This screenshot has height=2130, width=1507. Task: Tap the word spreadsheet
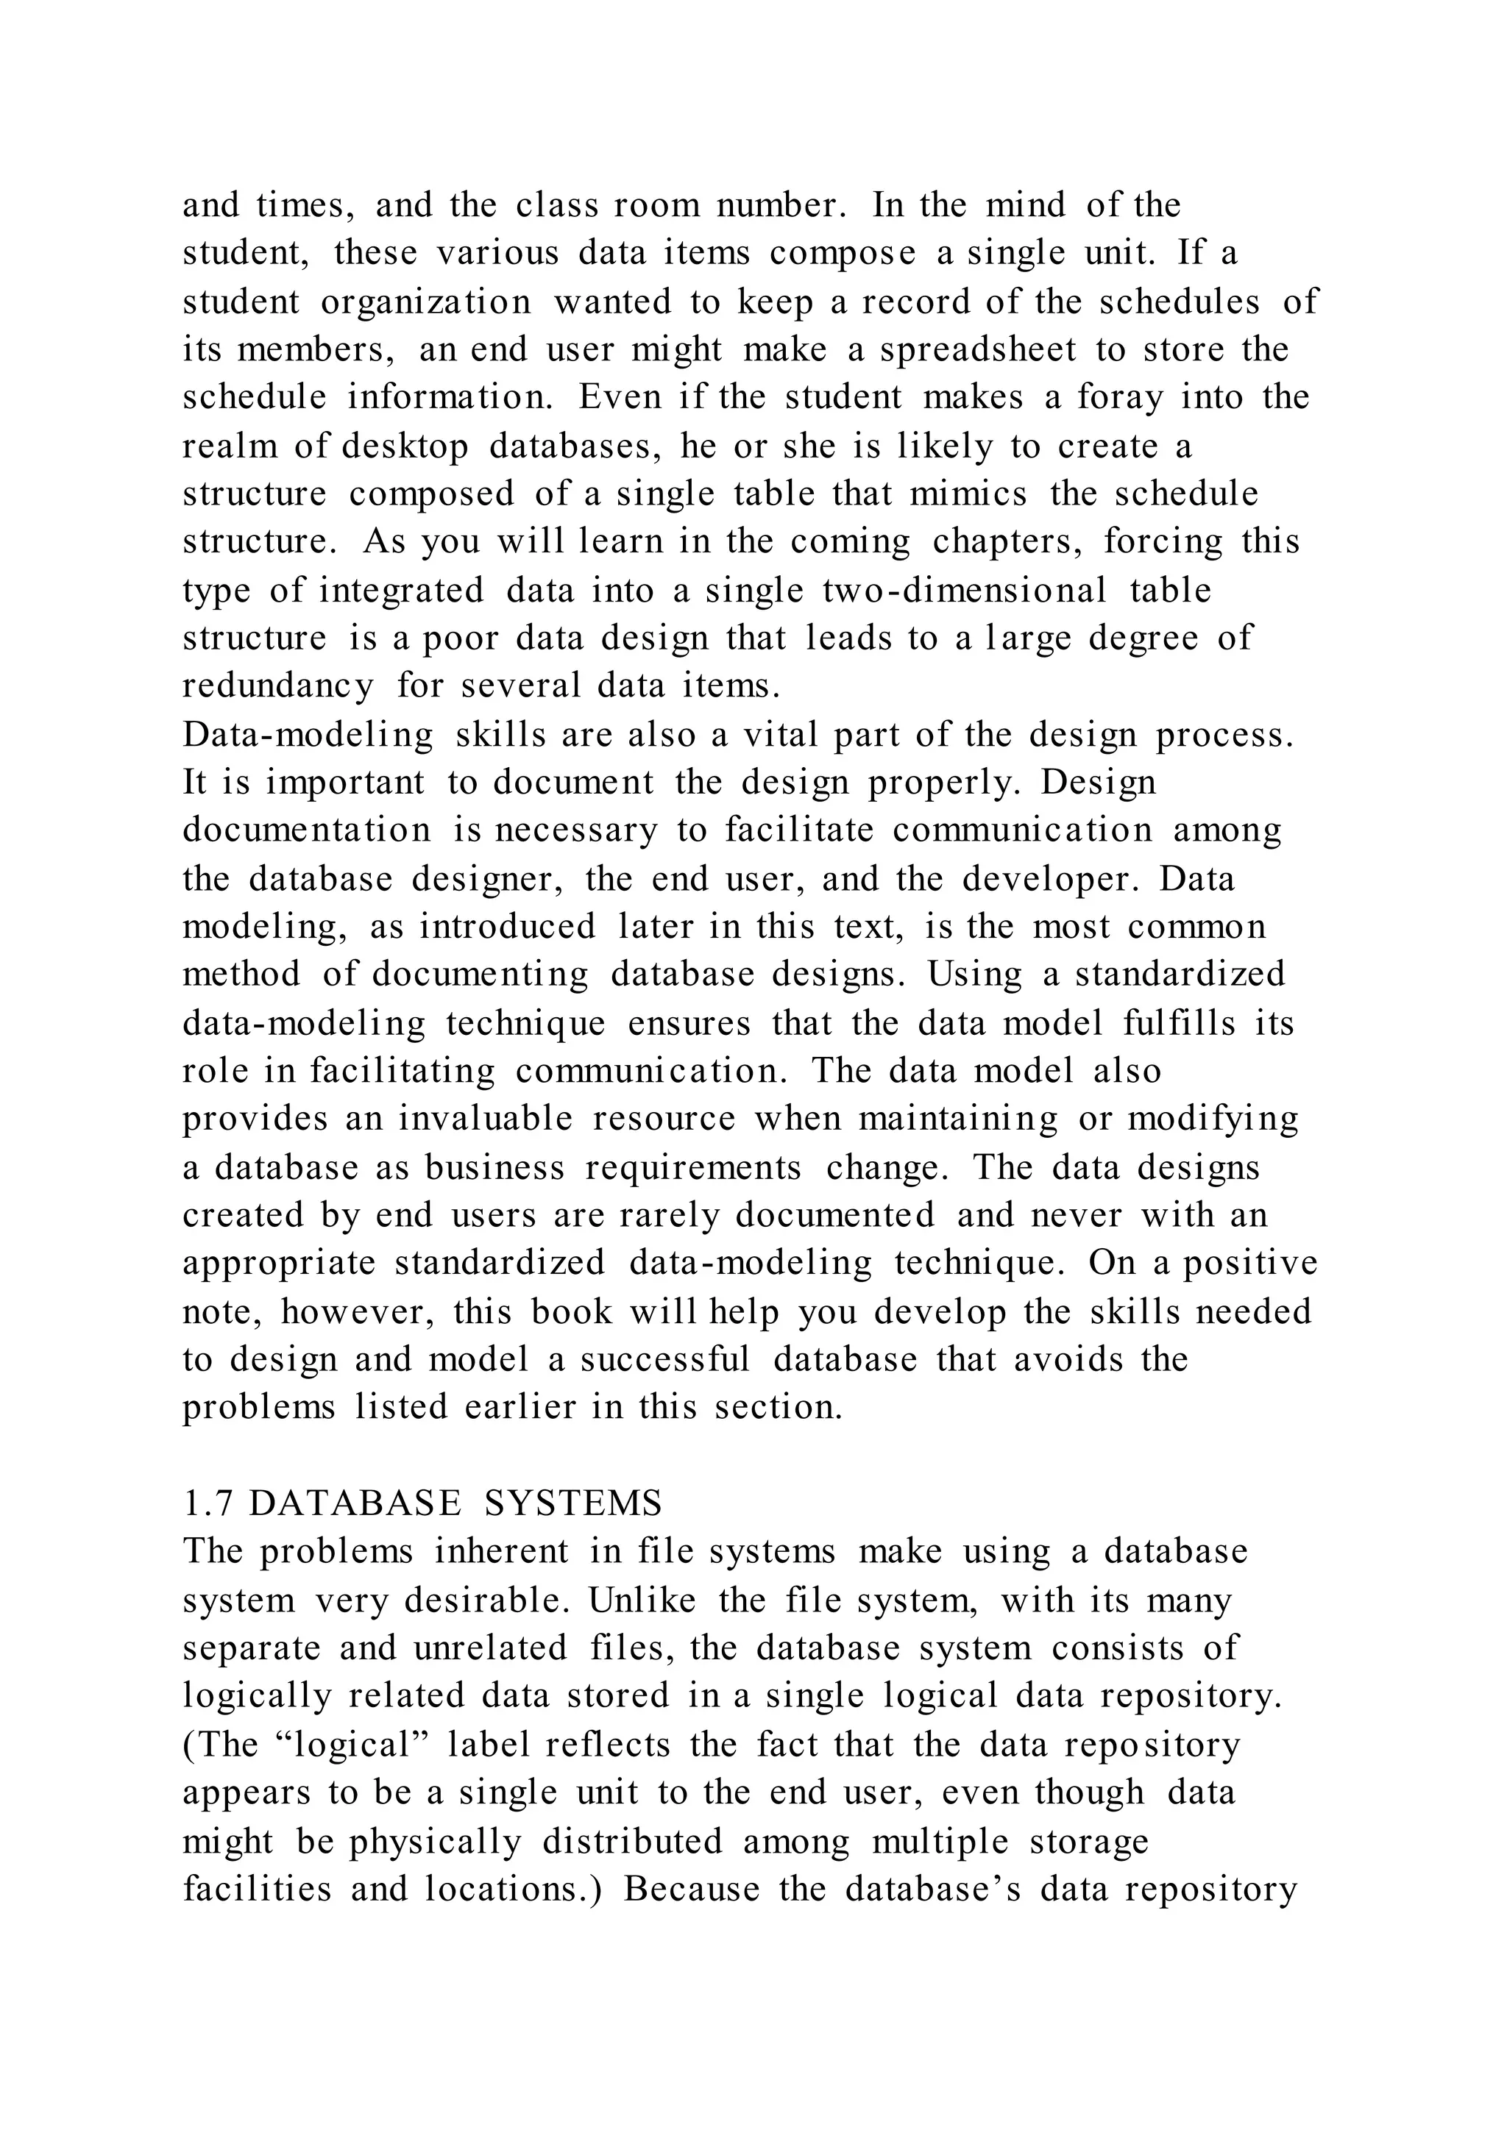click(x=977, y=350)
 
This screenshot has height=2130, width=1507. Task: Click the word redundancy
click(x=277, y=686)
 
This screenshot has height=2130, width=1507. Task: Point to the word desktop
click(x=405, y=446)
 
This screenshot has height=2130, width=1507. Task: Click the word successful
click(x=664, y=1359)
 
